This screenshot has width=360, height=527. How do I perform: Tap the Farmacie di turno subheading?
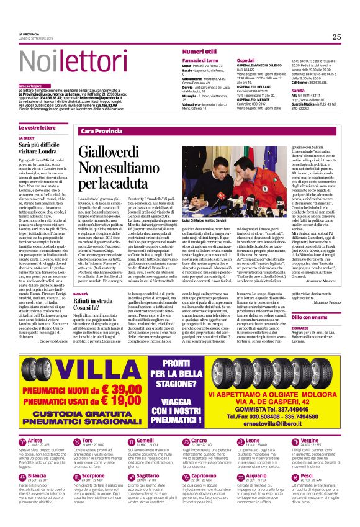click(200, 61)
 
